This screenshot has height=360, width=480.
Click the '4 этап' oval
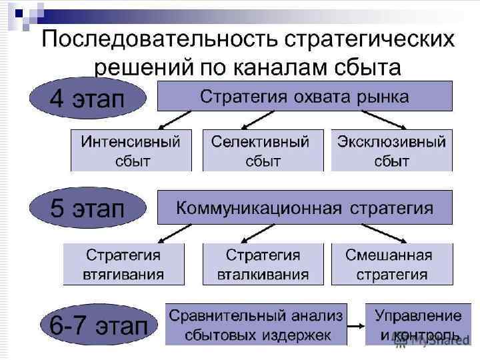coord(87,99)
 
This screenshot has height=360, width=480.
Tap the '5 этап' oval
coord(87,209)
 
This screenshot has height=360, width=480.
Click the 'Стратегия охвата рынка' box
coord(305,96)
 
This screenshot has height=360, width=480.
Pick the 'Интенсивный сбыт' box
coord(131,151)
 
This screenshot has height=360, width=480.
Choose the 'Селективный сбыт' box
coord(261,151)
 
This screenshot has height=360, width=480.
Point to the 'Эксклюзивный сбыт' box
coord(391,151)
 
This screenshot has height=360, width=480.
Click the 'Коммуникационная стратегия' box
coord(305,207)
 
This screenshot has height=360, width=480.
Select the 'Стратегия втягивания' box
coord(123,264)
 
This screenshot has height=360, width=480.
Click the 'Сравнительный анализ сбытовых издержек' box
coord(256,325)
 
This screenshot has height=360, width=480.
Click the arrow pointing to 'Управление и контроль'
coord(356,325)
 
